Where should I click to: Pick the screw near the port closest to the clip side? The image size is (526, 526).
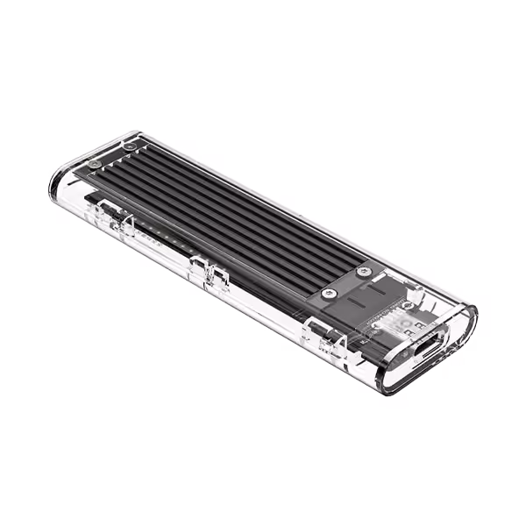(x=328, y=293)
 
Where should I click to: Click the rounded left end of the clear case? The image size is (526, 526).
(x=60, y=180)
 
